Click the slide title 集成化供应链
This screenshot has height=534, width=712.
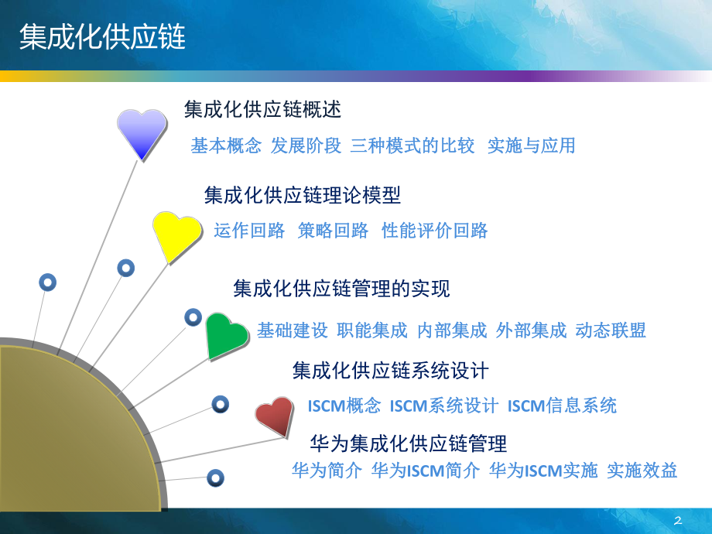point(102,36)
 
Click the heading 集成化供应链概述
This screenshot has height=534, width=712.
point(262,109)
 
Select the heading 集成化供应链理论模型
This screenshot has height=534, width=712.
point(303,195)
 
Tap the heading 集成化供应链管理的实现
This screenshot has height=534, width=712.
point(341,289)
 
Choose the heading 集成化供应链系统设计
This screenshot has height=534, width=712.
point(390,371)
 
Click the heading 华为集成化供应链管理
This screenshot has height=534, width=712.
point(408,443)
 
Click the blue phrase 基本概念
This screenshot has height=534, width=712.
point(226,145)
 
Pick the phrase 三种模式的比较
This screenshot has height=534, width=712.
point(412,145)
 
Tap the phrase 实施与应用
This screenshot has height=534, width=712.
point(532,145)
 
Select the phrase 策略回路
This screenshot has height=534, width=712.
point(333,231)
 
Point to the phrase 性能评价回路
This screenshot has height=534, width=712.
point(435,231)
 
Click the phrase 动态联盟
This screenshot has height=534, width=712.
point(611,330)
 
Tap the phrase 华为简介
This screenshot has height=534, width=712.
point(327,470)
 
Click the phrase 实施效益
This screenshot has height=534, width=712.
point(642,470)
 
